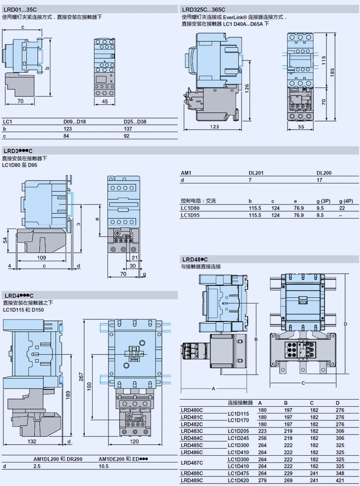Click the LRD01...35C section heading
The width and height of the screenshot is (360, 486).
(20, 10)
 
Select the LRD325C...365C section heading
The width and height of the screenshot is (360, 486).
(203, 10)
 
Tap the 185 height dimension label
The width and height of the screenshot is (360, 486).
(332, 73)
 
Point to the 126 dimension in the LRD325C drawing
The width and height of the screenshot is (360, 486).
(247, 88)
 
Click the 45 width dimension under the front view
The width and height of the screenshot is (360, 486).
(105, 101)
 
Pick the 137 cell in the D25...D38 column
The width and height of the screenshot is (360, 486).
(128, 129)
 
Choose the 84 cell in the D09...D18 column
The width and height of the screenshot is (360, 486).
(66, 136)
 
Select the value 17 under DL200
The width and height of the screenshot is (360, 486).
(319, 180)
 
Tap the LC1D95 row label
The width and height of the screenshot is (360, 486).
(190, 215)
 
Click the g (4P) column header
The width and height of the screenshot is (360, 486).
(346, 201)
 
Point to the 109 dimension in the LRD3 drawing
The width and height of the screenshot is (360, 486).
(41, 257)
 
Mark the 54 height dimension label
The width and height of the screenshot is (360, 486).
(5, 240)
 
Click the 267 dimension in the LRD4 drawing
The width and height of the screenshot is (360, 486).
(81, 377)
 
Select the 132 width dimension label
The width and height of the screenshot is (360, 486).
(32, 441)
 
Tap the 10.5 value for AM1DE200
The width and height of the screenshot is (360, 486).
(104, 466)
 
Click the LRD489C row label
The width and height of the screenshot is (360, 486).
(192, 480)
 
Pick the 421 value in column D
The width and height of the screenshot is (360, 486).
(339, 480)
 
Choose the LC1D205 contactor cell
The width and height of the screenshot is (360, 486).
(238, 431)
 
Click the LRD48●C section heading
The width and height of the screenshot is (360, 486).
(195, 259)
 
